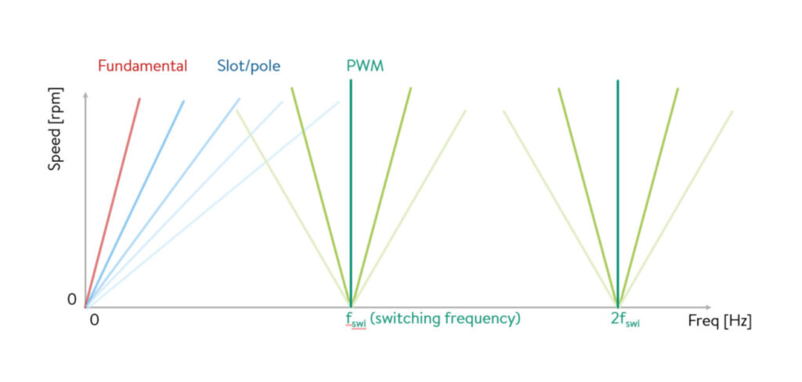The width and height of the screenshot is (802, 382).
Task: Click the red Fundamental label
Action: click(x=143, y=66)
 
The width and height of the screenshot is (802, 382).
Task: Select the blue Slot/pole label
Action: click(x=248, y=67)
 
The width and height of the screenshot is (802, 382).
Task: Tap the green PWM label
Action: click(x=365, y=66)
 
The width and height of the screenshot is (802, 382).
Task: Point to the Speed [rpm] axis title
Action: click(x=56, y=129)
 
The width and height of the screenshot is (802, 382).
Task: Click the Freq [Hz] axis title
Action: click(x=720, y=323)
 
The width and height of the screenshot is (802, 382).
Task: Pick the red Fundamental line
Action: click(x=112, y=203)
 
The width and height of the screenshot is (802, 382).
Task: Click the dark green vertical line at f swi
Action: click(x=351, y=193)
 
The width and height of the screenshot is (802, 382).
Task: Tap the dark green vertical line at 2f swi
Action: click(x=618, y=193)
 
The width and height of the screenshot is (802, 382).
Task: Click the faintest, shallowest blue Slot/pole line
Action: click(x=211, y=204)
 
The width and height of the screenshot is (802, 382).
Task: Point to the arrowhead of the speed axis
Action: click(x=85, y=95)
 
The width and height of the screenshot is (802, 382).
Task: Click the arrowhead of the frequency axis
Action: click(x=708, y=308)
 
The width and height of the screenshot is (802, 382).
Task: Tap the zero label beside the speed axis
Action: click(x=71, y=300)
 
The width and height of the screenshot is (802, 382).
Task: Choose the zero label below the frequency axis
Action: click(x=94, y=321)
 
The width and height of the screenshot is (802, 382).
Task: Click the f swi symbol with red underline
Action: click(x=356, y=320)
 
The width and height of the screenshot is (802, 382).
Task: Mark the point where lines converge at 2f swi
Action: click(x=618, y=307)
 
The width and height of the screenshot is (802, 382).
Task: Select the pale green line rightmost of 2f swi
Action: click(x=676, y=209)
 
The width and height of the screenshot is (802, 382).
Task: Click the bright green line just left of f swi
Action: click(x=321, y=197)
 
